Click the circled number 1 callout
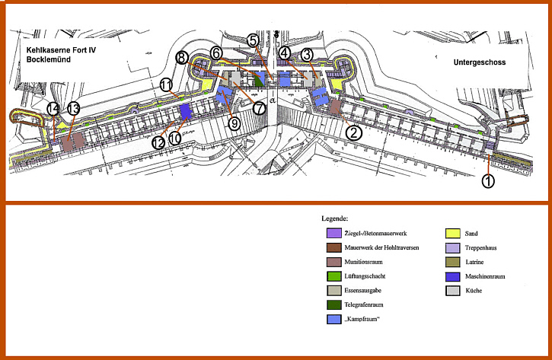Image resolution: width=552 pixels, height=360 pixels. coord(488,181)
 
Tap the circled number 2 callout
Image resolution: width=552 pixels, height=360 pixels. coord(354,132)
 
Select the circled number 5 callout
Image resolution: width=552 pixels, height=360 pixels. coord(253,41)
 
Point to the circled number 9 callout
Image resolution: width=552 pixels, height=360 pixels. coord(234,123)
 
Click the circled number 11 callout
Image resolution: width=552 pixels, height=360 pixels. coord(166,84)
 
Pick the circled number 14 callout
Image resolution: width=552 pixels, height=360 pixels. coord(53,109)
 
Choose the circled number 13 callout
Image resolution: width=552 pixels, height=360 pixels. coord(74,109)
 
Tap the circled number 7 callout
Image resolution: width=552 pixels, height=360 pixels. coord(260,108)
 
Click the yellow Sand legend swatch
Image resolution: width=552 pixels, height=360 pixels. coord(453,234)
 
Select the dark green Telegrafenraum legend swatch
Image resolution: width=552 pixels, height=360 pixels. coord(333,304)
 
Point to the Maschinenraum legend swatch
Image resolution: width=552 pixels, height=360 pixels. coord(453,276)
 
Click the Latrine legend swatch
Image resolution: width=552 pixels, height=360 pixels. coord(453,262)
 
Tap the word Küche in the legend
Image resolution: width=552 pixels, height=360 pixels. coord(474,291)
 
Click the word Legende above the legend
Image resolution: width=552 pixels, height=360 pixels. coord(334,218)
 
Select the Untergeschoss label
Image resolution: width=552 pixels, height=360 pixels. coord(480,62)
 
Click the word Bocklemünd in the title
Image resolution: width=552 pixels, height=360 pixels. coord(49,59)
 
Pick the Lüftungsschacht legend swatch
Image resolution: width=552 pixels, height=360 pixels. coord(333,276)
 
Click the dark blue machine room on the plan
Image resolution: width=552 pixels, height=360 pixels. coord(185,112)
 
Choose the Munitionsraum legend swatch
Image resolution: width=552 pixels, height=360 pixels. coord(333,262)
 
